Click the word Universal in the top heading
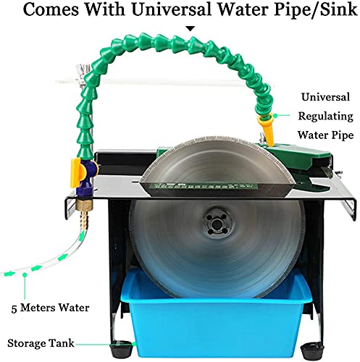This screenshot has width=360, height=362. click(x=172, y=9)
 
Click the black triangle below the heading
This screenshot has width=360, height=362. click(x=191, y=29)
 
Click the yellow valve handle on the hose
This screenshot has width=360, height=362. click(x=77, y=173)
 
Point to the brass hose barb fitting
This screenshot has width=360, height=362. click(x=84, y=212)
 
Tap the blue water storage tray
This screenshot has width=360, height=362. click(x=215, y=316)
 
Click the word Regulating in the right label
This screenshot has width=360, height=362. click(x=325, y=117)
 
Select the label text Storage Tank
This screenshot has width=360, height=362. click(x=41, y=343)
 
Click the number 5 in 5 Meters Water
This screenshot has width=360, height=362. click(x=14, y=308)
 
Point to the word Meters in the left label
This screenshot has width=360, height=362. click(x=38, y=308)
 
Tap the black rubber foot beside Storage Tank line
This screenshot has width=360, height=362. click(x=121, y=348)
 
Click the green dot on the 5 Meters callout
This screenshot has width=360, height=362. click(x=25, y=274)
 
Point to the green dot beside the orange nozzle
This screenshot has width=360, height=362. click(x=275, y=116)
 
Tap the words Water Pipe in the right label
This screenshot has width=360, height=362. click(x=325, y=135)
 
